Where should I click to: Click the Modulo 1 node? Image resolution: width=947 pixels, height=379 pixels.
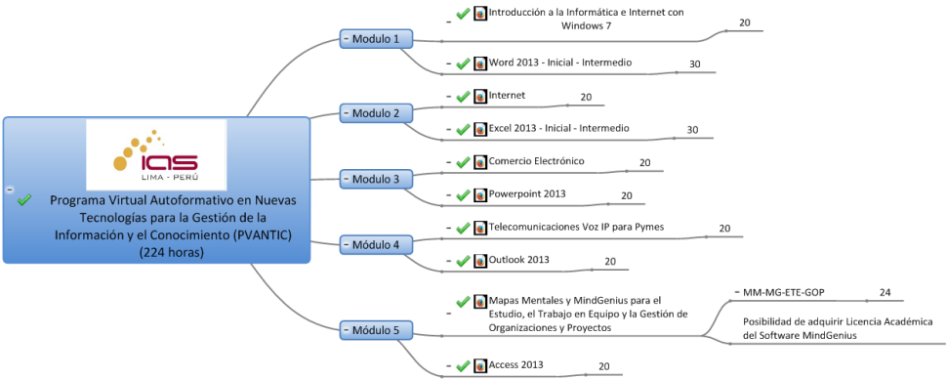click(376, 39)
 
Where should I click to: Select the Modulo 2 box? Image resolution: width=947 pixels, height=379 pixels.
click(376, 113)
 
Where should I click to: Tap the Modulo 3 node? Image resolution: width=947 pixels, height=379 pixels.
click(376, 179)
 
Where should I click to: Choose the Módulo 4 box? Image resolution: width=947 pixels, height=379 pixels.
click(376, 245)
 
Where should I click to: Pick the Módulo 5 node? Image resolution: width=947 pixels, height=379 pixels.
click(376, 330)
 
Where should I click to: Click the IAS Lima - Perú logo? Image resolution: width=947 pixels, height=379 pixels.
click(156, 154)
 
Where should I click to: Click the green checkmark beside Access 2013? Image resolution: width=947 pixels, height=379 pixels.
click(463, 365)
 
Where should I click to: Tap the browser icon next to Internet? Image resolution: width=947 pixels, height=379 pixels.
click(480, 96)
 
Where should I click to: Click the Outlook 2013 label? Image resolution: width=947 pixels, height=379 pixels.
click(518, 260)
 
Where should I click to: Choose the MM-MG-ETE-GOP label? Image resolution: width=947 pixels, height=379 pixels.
click(784, 293)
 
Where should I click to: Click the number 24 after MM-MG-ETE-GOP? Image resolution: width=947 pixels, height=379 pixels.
click(885, 293)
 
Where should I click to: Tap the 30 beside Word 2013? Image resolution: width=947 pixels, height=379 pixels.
click(694, 64)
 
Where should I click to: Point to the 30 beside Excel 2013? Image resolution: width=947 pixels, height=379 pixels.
click(692, 130)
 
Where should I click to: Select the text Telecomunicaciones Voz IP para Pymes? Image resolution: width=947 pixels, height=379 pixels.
click(576, 227)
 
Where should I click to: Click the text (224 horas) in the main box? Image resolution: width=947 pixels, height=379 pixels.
click(172, 254)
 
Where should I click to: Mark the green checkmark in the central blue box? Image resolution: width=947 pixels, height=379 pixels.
click(24, 200)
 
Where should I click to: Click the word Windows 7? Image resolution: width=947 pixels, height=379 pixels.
click(587, 25)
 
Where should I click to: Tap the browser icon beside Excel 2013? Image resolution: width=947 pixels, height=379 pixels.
click(480, 129)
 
